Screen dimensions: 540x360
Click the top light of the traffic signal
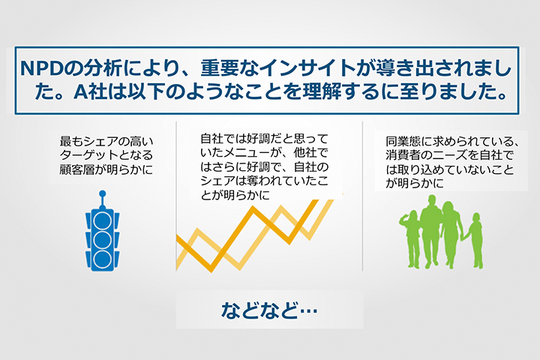102,221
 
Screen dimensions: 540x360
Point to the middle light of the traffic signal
102,240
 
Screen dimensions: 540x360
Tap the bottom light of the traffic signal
102,259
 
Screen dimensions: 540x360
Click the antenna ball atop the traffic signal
102,194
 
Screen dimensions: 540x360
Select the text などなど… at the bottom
269,310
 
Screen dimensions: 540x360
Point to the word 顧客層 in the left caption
76,169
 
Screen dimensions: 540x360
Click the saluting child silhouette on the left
411,238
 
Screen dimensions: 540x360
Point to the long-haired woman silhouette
451,234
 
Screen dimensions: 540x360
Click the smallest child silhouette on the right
474,241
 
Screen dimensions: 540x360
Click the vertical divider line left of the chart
176,196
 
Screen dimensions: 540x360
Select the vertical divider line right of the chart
362,196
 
